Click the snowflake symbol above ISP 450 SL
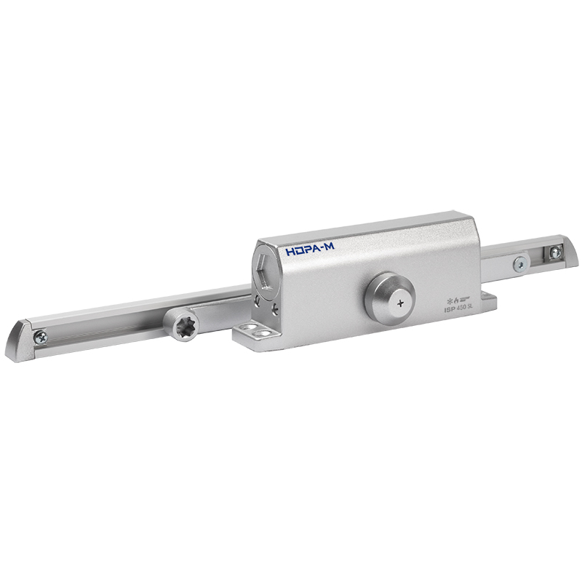click(x=449, y=298)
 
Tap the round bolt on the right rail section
click(x=521, y=263)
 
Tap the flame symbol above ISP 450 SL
click(x=457, y=298)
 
